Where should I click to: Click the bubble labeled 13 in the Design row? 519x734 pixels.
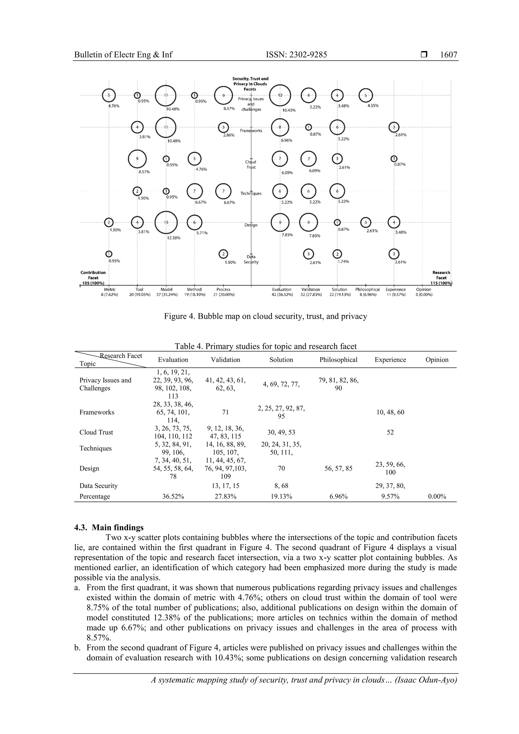click(x=166, y=222)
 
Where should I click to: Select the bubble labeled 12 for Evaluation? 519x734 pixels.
click(x=280, y=95)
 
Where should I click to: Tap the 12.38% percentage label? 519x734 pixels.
click(x=174, y=238)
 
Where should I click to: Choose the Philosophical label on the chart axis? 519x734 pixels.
click(x=367, y=290)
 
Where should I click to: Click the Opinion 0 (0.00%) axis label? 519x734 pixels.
click(x=424, y=292)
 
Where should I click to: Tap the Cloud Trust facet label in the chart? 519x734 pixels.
click(x=251, y=164)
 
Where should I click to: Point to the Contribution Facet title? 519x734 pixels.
click(x=93, y=275)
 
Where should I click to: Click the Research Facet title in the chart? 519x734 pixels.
click(x=441, y=275)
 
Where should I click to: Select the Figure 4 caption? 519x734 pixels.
click(x=265, y=316)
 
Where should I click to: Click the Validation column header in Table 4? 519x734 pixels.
click(x=226, y=360)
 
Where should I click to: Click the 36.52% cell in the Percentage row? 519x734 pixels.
click(x=173, y=497)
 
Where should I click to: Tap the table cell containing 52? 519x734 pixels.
click(x=390, y=432)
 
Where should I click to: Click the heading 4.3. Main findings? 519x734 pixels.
click(x=109, y=528)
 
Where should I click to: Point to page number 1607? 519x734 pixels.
click(x=448, y=55)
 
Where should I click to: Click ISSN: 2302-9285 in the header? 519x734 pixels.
click(x=296, y=55)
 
